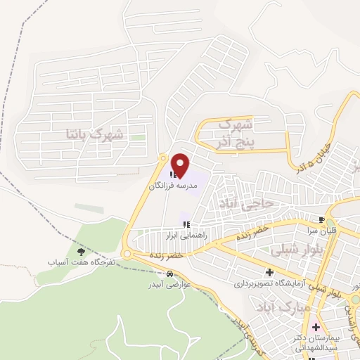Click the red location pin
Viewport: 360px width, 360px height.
point(180,165)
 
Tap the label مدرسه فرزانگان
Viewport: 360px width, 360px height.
point(174,187)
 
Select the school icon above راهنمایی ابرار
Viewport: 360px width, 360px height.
point(186,225)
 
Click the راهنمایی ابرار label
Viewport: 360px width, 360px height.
point(186,236)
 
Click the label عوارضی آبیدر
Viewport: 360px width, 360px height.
point(167,285)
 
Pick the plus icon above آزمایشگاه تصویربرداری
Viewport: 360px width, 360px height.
point(269,272)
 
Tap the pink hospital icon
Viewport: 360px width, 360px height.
point(314,327)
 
